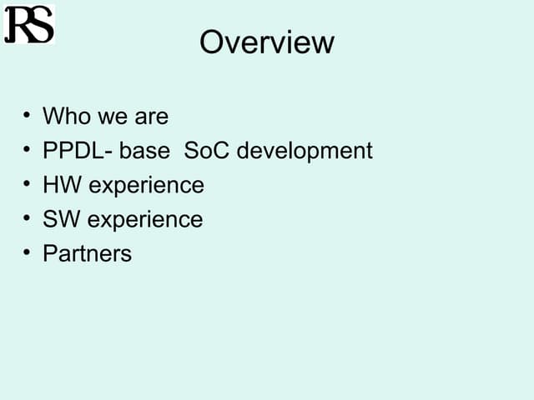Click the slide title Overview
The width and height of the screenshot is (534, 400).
point(266,42)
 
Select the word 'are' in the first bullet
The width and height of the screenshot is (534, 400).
point(149,116)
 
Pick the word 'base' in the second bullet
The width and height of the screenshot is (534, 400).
point(144,151)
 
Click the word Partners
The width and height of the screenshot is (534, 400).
point(87,253)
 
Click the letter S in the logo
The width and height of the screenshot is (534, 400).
point(40,25)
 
